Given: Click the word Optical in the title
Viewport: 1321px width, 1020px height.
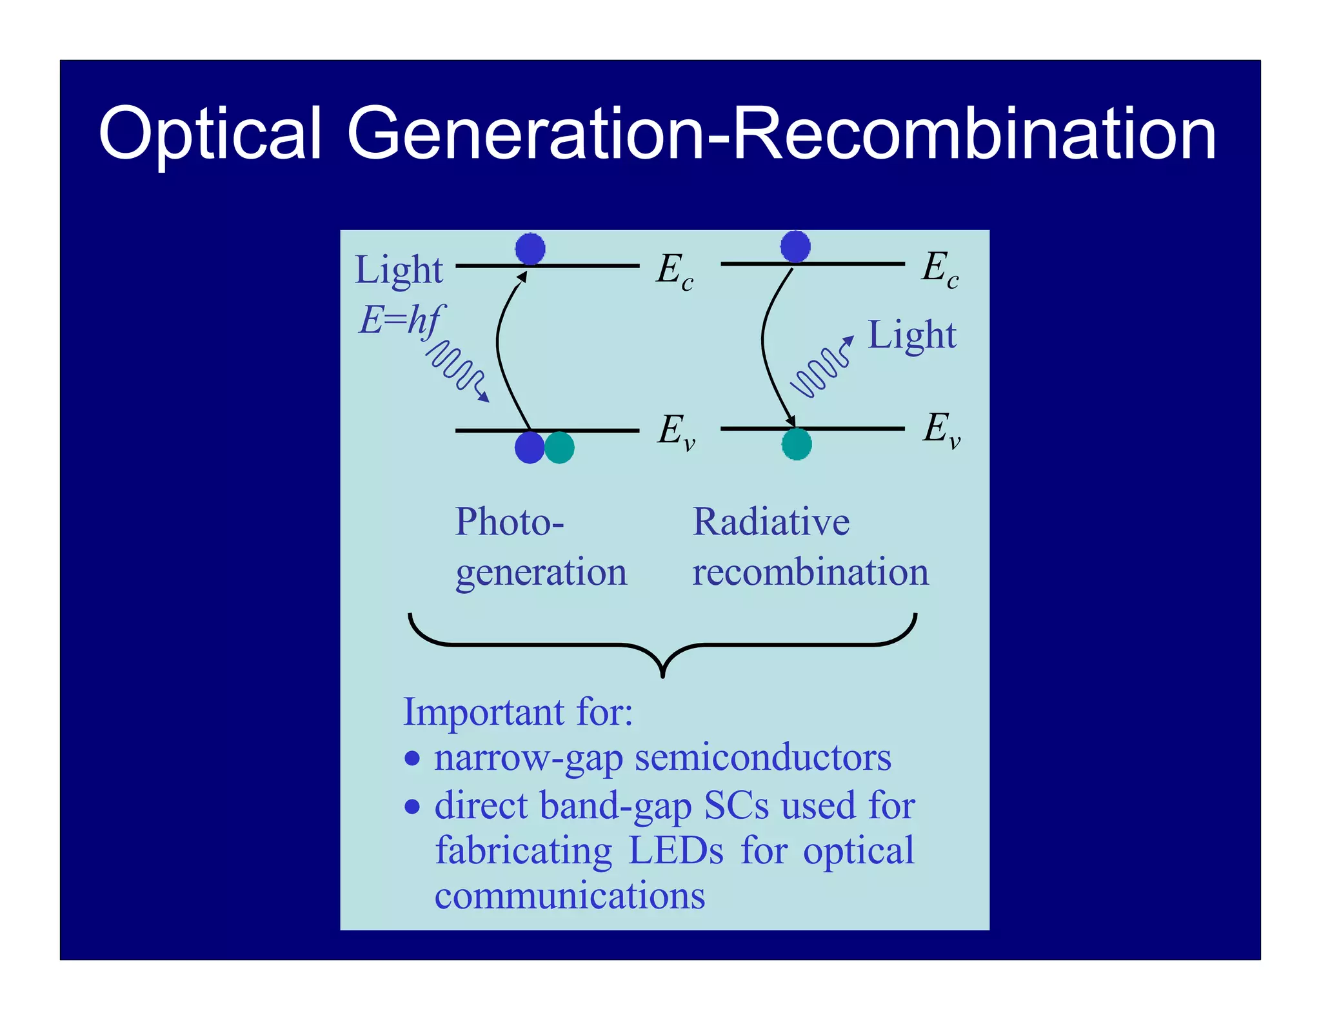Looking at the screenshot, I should tap(210, 134).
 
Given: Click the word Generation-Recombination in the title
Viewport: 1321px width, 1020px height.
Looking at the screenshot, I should tap(781, 134).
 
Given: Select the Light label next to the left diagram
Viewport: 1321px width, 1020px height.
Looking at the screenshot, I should tap(399, 270).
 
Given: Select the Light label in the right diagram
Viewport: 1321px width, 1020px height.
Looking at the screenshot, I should tap(911, 335).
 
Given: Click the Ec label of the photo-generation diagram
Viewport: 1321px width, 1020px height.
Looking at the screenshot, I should tap(674, 270).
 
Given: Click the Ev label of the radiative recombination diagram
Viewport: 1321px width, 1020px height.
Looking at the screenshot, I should tap(941, 429).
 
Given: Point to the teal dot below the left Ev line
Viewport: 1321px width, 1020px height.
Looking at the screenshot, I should tap(559, 447).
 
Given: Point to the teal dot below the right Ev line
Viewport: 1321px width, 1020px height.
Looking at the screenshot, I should tap(797, 444).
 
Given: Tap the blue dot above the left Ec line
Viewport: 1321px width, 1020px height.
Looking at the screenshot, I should tap(530, 248).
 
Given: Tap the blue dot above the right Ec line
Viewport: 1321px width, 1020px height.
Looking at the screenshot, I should tap(795, 246).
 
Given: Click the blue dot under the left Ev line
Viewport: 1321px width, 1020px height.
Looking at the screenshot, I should tap(530, 447).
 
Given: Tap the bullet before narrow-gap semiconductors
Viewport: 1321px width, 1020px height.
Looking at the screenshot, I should tap(412, 758).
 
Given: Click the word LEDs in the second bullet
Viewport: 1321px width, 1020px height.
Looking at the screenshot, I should tap(675, 850).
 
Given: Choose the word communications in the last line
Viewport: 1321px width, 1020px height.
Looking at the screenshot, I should tap(570, 896).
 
